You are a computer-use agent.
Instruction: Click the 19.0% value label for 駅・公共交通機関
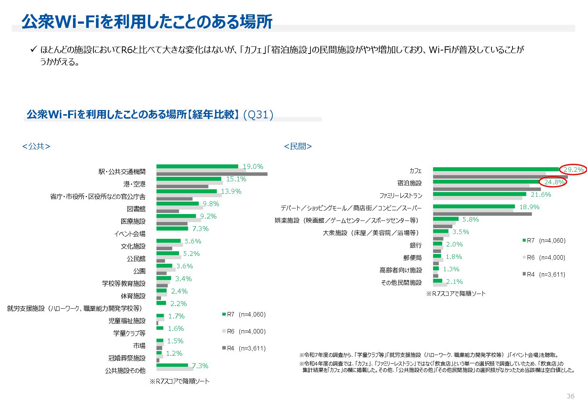tap(252, 167)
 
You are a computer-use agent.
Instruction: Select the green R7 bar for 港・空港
tap(189, 179)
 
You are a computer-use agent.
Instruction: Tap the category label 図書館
tap(136, 209)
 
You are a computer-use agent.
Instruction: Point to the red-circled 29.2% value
tap(573, 170)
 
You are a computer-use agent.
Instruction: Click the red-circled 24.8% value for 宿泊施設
tap(554, 182)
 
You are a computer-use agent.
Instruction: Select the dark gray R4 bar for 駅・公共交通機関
tap(211, 174)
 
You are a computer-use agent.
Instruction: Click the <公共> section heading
tap(36, 146)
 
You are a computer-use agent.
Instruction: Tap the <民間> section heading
tap(298, 146)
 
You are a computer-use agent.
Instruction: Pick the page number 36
tap(570, 396)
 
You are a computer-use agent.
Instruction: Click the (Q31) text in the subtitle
tap(258, 115)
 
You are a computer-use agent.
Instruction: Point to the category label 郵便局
tap(412, 258)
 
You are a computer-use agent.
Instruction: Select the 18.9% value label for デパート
tap(529, 207)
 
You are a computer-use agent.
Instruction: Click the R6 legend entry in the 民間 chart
tap(544, 257)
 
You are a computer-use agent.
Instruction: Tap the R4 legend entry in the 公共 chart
tap(244, 348)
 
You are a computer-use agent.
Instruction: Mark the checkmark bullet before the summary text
tap(33, 49)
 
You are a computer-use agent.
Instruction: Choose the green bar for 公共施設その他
tap(172, 365)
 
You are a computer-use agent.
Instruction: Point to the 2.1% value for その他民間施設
tap(454, 282)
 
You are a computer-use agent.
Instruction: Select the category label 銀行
tap(415, 245)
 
